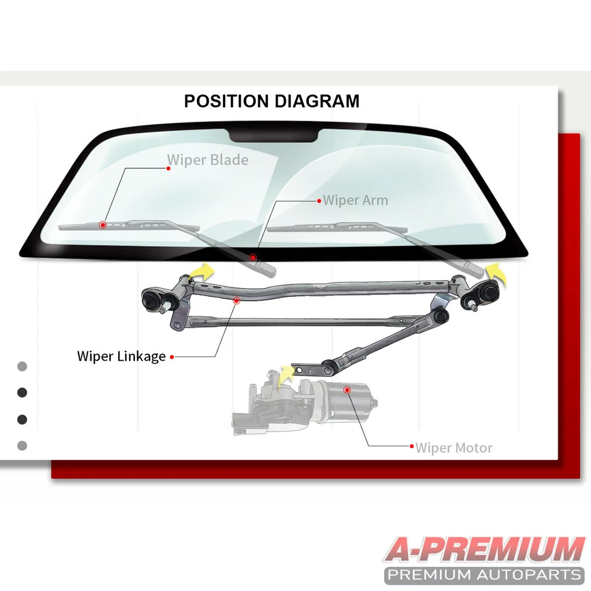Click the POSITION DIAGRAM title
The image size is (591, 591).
pyautogui.click(x=271, y=101)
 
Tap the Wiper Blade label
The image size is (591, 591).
pyautogui.click(x=207, y=160)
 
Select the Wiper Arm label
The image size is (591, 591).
pyautogui.click(x=355, y=200)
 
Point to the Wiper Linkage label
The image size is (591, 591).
pyautogui.click(x=121, y=356)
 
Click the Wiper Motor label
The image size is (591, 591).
pyautogui.click(x=454, y=448)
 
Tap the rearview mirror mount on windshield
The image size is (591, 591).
pyautogui.click(x=273, y=135)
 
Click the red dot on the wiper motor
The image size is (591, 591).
pyautogui.click(x=347, y=390)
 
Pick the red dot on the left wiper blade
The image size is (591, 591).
pyautogui.click(x=103, y=225)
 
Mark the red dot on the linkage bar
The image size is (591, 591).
pyautogui.click(x=236, y=300)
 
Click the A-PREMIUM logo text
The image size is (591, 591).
pyautogui.click(x=484, y=550)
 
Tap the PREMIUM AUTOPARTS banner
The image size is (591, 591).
pyautogui.click(x=484, y=576)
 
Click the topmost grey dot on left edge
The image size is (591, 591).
pyautogui.click(x=22, y=366)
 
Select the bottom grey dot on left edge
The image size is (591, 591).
pyautogui.click(x=22, y=445)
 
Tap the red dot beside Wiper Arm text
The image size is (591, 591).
pyautogui.click(x=318, y=201)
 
